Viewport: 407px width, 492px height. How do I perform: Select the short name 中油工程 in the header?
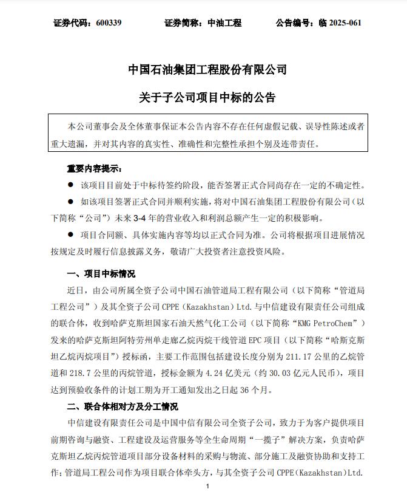coord(224,23)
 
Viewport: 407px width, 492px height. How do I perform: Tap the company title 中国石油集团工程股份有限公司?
coord(207,70)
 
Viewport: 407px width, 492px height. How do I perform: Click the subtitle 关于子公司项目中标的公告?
coord(207,97)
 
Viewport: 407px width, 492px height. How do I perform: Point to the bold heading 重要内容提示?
coord(95,168)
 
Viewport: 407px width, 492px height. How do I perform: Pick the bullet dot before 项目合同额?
coord(70,234)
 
